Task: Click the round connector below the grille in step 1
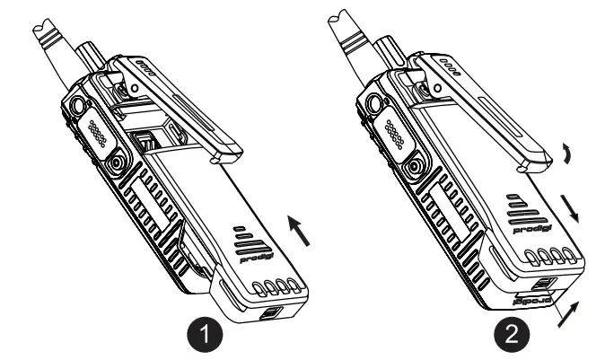(x=118, y=165)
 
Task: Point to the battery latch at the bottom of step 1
(x=267, y=315)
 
